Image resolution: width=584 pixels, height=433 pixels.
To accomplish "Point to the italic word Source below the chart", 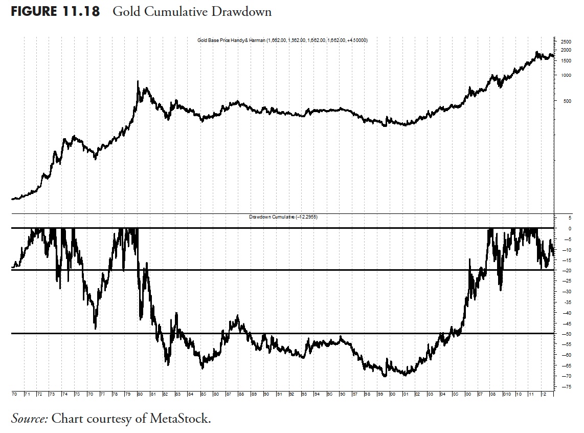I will pyautogui.click(x=29, y=418).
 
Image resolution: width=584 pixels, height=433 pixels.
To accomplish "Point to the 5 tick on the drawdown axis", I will pyautogui.click(x=565, y=218).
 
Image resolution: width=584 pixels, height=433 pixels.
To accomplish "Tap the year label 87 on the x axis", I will pyautogui.click(x=228, y=395).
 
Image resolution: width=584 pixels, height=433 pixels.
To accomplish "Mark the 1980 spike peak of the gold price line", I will pyautogui.click(x=138, y=81).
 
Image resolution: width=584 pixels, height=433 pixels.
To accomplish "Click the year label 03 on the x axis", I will pyautogui.click(x=431, y=395).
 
